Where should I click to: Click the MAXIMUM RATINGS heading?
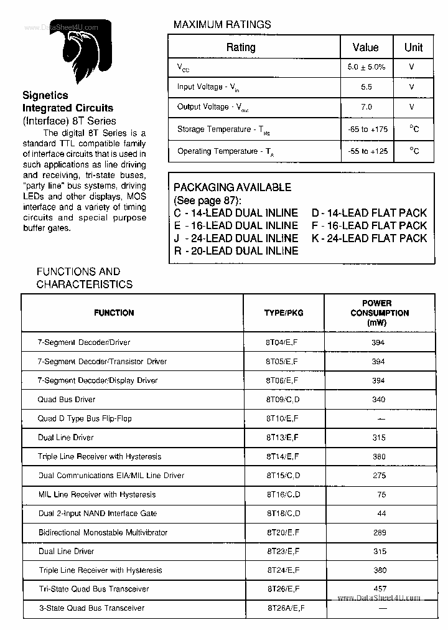[222, 25]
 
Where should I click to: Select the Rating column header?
[241, 47]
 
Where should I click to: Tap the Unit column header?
[413, 47]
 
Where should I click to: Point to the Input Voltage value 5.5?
[366, 87]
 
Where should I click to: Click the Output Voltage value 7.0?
[366, 107]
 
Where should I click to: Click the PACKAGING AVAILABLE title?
[232, 187]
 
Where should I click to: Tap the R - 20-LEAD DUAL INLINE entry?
[236, 251]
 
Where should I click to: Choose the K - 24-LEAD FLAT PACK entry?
[369, 238]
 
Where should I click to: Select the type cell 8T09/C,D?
[283, 400]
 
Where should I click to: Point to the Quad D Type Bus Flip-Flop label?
[85, 418]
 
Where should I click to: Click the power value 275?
[379, 476]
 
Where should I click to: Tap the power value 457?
[379, 589]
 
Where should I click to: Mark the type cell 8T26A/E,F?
[285, 608]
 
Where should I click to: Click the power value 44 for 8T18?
[381, 514]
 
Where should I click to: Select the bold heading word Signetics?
[45, 96]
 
